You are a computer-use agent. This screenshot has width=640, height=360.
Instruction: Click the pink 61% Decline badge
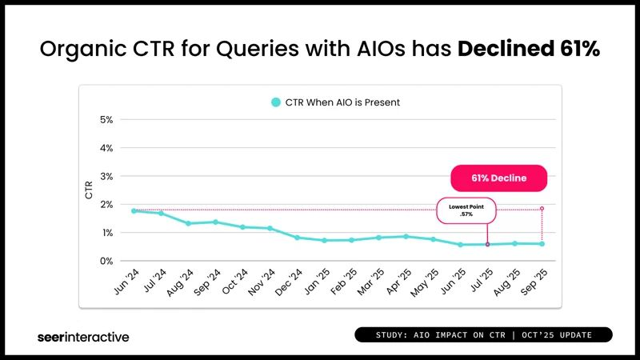[x=498, y=178]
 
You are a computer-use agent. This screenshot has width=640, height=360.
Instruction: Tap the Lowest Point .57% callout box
[x=466, y=211]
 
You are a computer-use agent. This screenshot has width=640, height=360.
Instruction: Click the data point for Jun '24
[x=134, y=210]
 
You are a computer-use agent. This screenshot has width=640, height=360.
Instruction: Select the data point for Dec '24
[x=297, y=238]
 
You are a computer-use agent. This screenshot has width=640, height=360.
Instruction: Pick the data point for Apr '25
[x=406, y=236]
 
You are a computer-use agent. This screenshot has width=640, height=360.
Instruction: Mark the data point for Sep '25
[x=542, y=243]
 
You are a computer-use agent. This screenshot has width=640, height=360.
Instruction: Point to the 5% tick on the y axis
[x=106, y=120]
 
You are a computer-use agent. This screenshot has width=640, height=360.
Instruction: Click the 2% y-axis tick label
[x=106, y=205]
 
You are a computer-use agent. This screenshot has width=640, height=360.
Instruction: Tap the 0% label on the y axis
[x=106, y=261]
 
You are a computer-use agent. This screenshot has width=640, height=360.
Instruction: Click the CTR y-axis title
[x=89, y=190]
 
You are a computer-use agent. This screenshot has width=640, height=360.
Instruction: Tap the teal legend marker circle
[x=275, y=102]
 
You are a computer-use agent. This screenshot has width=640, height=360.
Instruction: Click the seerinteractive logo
[x=83, y=337]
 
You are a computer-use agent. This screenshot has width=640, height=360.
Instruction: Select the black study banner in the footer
[x=483, y=334]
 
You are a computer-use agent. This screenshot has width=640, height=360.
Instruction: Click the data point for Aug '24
[x=188, y=223]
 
